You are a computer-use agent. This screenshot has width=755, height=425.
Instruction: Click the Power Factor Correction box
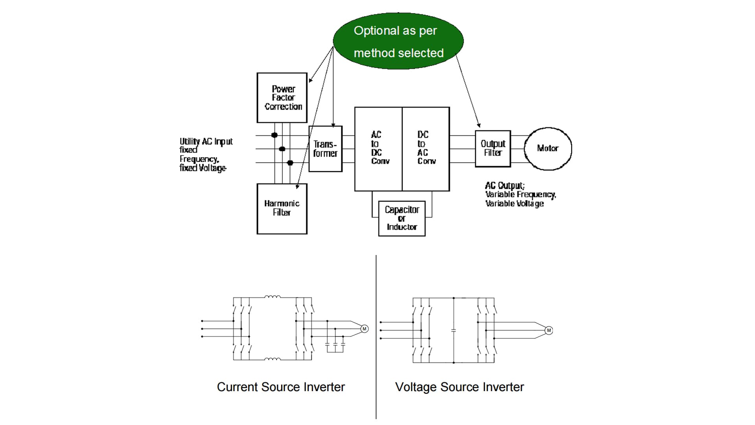click(x=282, y=98)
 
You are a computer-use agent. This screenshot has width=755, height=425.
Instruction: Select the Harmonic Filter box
click(x=282, y=209)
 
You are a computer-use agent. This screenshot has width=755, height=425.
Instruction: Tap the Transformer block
click(x=325, y=149)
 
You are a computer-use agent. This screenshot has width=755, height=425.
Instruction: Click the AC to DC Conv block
click(x=378, y=149)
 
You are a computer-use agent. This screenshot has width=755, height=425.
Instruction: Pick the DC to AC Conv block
click(x=426, y=149)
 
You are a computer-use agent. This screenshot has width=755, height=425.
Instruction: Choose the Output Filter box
click(x=493, y=148)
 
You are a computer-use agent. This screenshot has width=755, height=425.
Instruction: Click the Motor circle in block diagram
click(x=548, y=148)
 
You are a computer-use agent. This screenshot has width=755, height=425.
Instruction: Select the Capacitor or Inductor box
click(x=401, y=218)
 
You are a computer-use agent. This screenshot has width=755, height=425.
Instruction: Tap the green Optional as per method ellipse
click(x=398, y=41)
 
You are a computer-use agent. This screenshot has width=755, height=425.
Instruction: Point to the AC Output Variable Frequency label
click(x=520, y=194)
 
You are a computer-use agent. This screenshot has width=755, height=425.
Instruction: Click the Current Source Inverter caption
click(x=281, y=387)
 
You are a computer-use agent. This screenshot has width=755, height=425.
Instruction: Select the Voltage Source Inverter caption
click(x=459, y=387)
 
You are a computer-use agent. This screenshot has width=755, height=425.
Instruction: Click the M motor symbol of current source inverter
click(x=364, y=329)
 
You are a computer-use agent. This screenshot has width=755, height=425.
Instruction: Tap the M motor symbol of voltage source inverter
click(x=549, y=330)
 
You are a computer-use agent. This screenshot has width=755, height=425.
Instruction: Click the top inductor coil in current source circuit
click(x=273, y=297)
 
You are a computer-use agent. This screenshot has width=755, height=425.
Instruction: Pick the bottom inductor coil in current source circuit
click(x=273, y=359)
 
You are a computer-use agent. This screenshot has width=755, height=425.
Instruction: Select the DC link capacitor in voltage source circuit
click(x=453, y=331)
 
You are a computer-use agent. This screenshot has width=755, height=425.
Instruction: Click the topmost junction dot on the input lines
click(x=274, y=135)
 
